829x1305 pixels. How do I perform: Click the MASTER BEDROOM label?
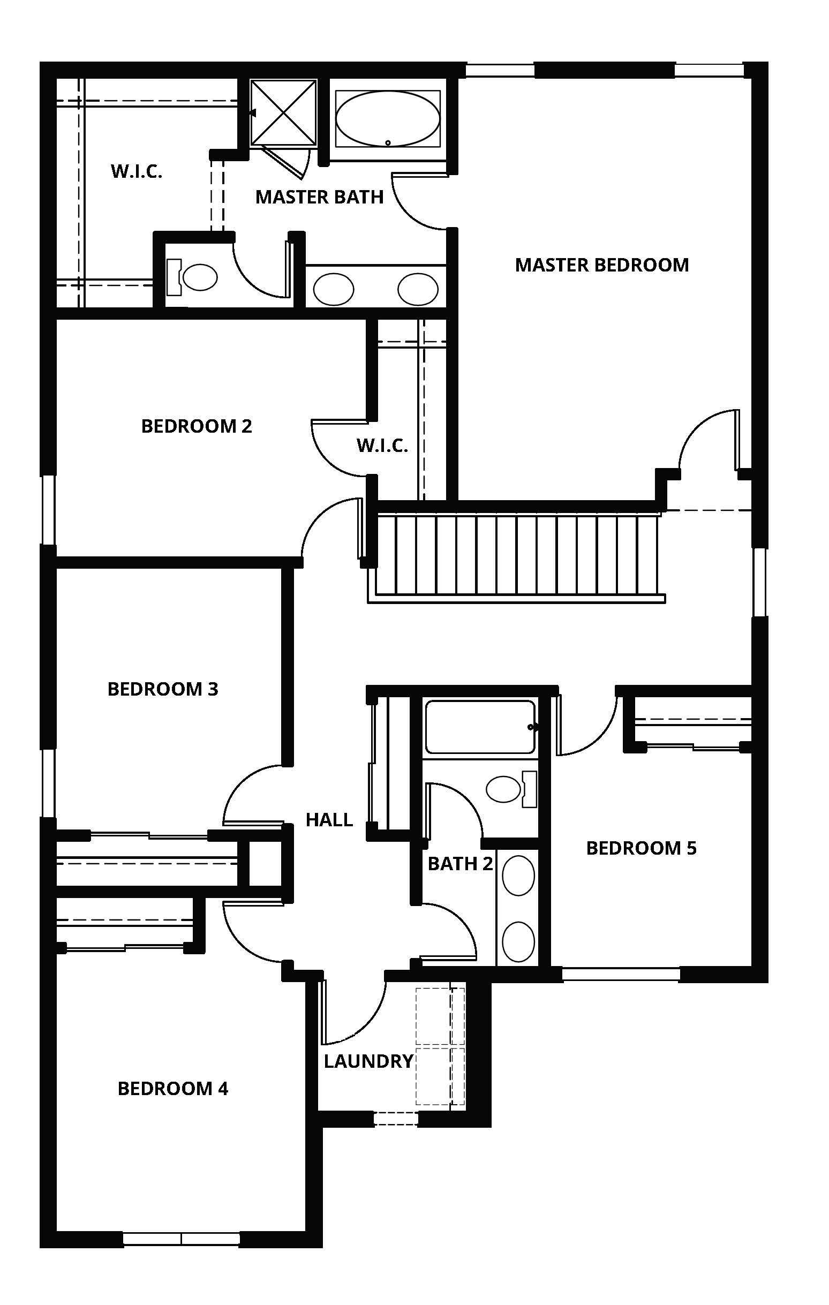tap(601, 265)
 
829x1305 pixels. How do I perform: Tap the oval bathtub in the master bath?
tap(387, 119)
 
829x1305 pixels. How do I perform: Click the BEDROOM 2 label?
tap(197, 426)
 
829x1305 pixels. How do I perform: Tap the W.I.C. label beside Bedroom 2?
tap(382, 446)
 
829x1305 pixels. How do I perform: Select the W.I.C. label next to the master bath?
tap(137, 172)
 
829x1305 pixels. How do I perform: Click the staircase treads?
tap(515, 554)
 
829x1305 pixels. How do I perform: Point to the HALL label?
tap(329, 820)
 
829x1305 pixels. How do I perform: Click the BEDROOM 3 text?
tap(163, 689)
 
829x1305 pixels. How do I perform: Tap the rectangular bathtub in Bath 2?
tap(479, 727)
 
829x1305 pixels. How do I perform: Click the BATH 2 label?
tap(460, 864)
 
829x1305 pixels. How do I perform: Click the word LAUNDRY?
tap(368, 1061)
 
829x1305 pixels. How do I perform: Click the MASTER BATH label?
tap(319, 197)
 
